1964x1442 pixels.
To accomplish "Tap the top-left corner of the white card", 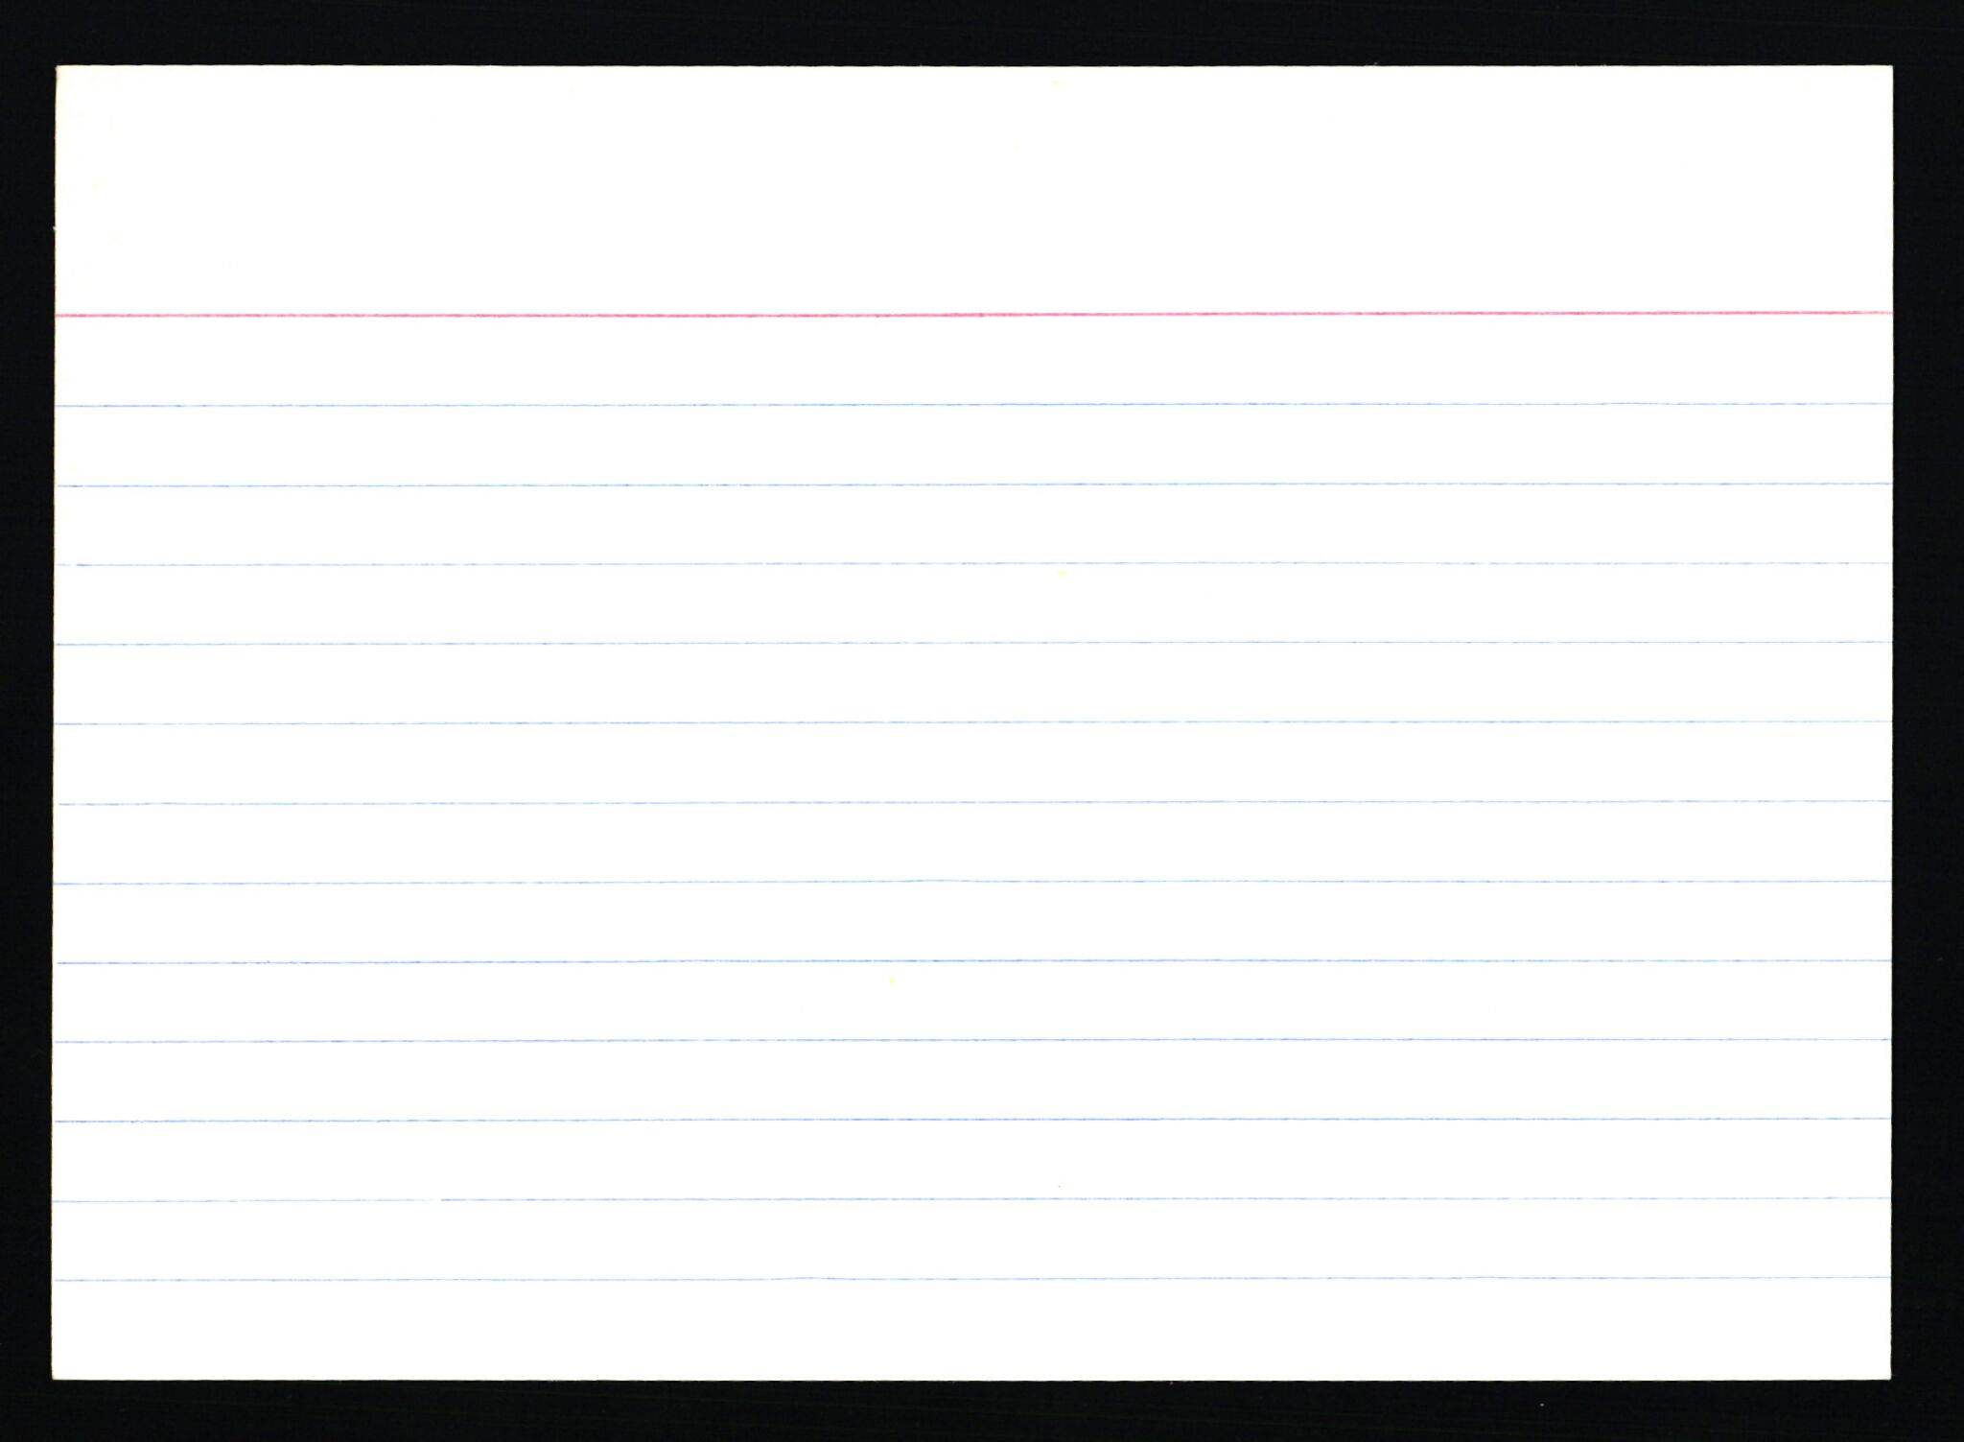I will point(57,67).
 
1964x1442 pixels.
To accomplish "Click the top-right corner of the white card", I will point(1891,67).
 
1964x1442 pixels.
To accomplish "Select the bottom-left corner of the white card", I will point(54,1379).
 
